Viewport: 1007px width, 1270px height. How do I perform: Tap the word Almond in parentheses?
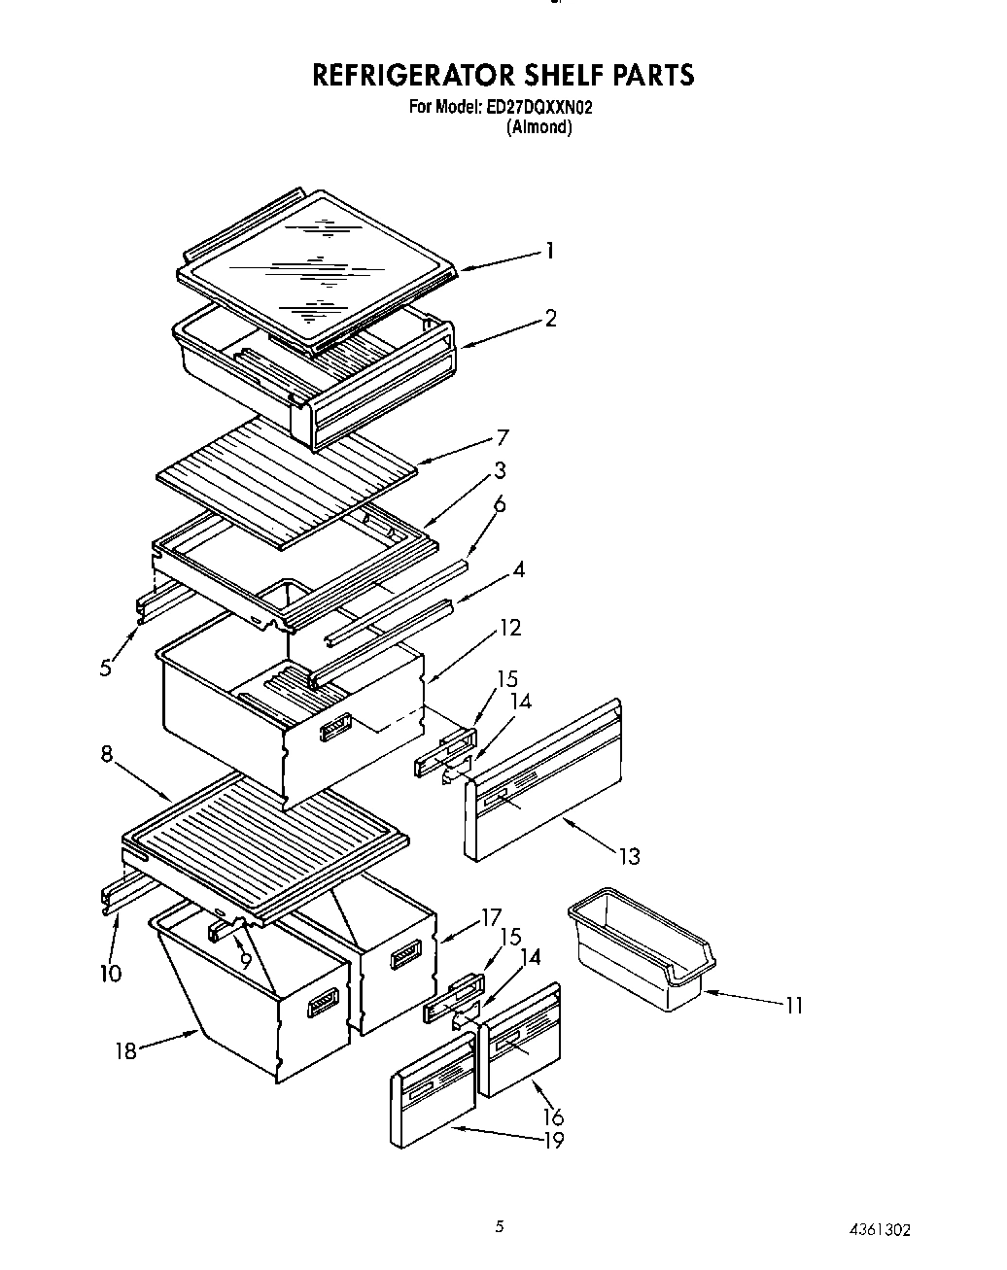[x=538, y=127]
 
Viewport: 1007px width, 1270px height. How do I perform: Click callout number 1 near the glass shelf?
[x=550, y=251]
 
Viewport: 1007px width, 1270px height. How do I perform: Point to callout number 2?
[x=550, y=318]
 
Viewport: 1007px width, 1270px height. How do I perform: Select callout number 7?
[x=502, y=437]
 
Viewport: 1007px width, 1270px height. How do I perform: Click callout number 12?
[x=510, y=628]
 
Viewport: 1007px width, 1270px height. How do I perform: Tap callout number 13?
[x=630, y=856]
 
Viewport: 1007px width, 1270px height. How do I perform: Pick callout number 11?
[x=794, y=1006]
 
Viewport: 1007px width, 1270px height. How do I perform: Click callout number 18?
[x=126, y=1050]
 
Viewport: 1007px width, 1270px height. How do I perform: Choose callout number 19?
[x=553, y=1141]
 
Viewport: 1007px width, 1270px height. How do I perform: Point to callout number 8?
[x=107, y=753]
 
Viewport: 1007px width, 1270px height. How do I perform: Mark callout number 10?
[x=110, y=973]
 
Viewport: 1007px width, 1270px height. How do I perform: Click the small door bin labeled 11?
[x=642, y=947]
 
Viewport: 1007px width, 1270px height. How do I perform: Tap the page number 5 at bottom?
[x=500, y=1227]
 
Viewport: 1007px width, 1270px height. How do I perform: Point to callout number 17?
[x=491, y=916]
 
